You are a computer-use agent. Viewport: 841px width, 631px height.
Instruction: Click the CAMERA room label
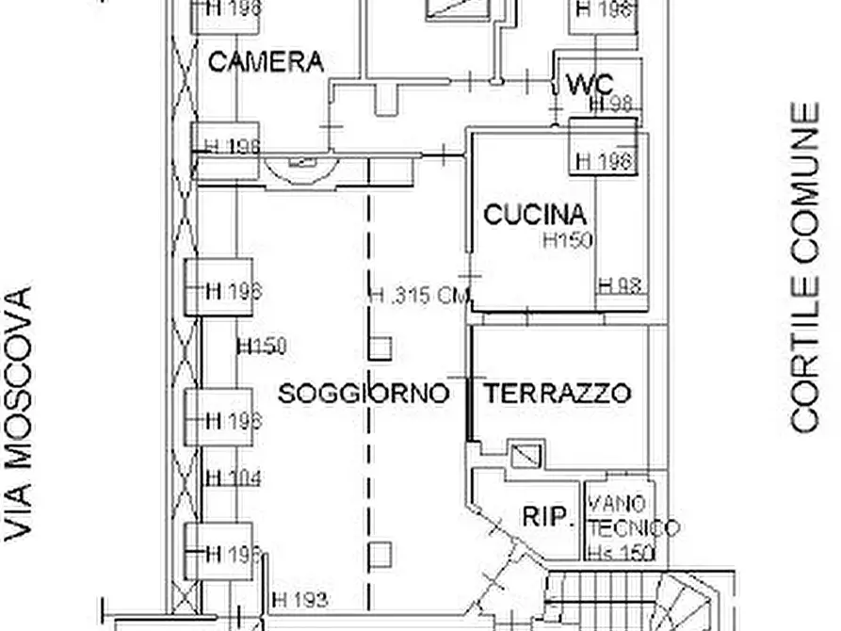tap(265, 62)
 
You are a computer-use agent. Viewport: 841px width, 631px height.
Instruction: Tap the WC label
tap(590, 84)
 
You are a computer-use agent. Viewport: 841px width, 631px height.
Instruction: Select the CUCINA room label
tap(535, 215)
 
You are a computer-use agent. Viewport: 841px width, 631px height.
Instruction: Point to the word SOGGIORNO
tap(364, 393)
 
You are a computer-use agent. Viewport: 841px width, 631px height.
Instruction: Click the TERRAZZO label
tap(557, 393)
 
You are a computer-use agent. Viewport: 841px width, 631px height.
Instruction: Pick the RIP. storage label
tap(548, 516)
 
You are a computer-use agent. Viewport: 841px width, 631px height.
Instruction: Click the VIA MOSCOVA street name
tap(19, 413)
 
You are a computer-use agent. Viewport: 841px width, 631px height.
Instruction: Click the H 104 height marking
tap(234, 478)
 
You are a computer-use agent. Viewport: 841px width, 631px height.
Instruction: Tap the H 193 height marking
tap(299, 599)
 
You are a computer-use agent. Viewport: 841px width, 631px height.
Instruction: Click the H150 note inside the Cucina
tap(567, 240)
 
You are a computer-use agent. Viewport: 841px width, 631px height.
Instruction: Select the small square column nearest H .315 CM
tap(380, 348)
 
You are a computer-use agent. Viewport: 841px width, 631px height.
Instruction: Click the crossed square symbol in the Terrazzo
tap(523, 454)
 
